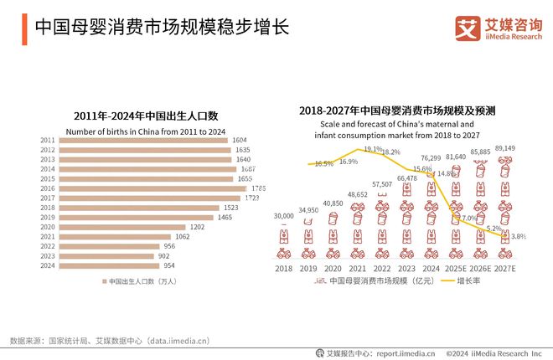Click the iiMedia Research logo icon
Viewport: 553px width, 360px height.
click(467, 28)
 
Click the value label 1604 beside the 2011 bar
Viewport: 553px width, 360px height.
click(240, 141)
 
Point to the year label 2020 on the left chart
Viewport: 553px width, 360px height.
click(48, 227)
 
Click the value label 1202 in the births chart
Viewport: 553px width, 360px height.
click(198, 227)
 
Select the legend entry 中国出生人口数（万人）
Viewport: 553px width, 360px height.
click(142, 281)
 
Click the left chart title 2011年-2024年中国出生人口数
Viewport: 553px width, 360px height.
click(146, 115)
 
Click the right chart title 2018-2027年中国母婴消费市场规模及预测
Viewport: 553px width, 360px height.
click(398, 110)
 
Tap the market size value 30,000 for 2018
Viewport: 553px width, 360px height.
click(283, 216)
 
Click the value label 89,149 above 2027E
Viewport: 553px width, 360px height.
click(505, 148)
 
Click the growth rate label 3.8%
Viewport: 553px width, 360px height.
click(518, 237)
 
